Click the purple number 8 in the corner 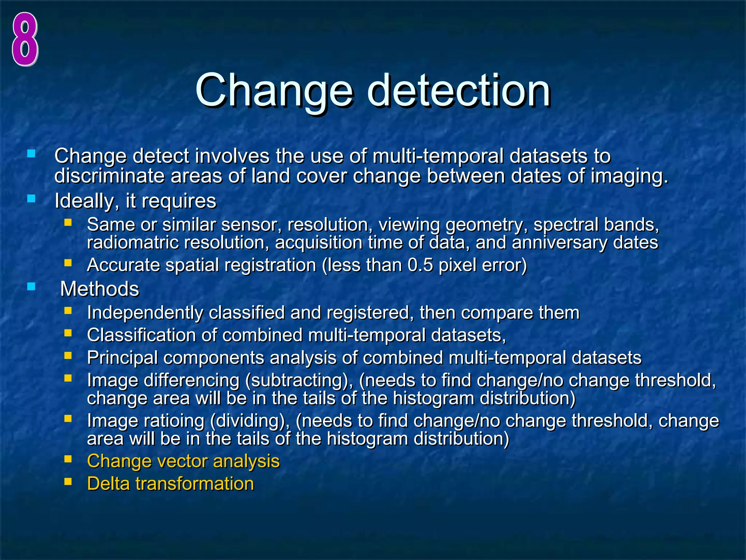(25, 39)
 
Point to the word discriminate (109, 176)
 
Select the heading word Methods (99, 289)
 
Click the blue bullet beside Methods (31, 287)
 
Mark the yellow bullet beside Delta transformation (68, 482)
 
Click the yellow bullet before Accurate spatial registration (68, 263)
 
